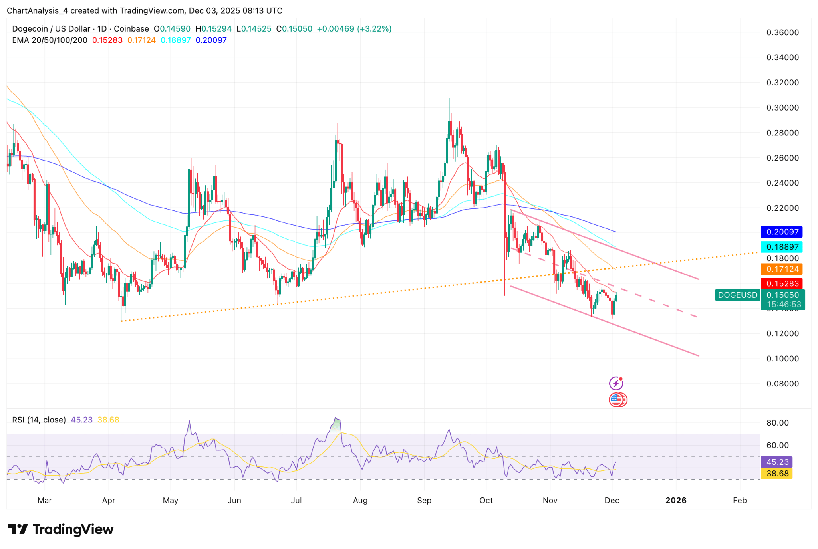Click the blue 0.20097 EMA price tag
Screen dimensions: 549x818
click(782, 232)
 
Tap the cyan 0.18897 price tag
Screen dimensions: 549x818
click(782, 247)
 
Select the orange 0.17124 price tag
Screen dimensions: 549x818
click(782, 269)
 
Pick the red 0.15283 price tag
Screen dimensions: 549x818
click(782, 284)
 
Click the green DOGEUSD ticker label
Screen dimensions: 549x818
click(738, 295)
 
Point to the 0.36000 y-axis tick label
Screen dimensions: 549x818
click(782, 32)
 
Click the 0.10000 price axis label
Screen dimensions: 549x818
click(782, 359)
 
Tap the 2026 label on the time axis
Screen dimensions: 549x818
click(676, 500)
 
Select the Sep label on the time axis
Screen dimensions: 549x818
click(424, 500)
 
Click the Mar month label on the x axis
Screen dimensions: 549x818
click(45, 500)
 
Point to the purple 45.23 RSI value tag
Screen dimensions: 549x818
click(777, 462)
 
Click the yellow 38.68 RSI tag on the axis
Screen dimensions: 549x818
click(777, 474)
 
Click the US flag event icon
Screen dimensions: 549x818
click(617, 399)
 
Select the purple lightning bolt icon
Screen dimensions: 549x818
click(616, 383)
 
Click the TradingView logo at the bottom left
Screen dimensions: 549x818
click(61, 529)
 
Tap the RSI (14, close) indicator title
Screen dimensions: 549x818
click(39, 420)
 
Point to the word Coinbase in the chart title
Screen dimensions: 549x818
click(131, 29)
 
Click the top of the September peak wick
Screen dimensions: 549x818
click(449, 99)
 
